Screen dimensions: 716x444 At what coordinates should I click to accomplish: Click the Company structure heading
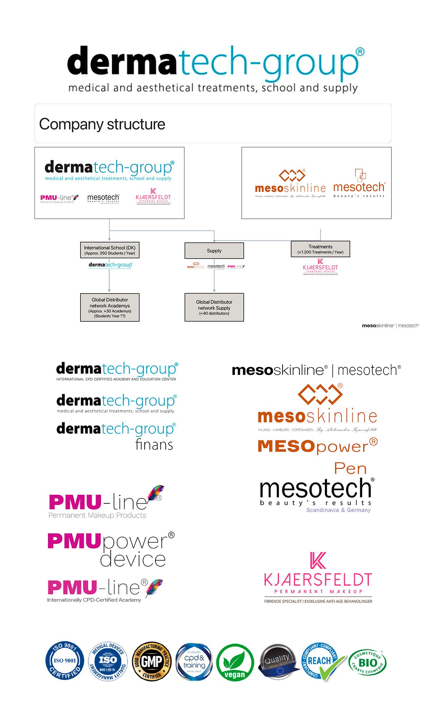click(102, 124)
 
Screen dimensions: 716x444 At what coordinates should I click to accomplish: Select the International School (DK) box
click(110, 250)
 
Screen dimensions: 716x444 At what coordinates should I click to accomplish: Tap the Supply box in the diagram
click(214, 251)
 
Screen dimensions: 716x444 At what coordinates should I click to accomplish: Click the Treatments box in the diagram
click(320, 249)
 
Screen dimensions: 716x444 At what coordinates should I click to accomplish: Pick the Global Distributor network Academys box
click(110, 308)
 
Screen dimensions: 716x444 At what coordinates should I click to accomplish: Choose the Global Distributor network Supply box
click(214, 308)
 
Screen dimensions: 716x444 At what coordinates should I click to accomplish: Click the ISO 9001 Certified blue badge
click(65, 661)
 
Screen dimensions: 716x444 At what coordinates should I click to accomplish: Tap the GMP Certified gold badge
click(152, 661)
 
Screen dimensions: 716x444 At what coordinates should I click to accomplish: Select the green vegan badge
click(235, 663)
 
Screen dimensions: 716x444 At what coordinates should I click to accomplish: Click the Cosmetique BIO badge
click(367, 662)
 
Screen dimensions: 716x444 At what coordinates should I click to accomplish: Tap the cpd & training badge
click(194, 662)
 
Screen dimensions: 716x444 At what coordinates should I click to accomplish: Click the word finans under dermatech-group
click(154, 445)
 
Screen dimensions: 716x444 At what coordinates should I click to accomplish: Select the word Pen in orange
click(350, 469)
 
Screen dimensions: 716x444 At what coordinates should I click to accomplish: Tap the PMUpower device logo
click(111, 550)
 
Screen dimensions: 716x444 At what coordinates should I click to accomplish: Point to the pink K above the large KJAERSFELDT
click(318, 561)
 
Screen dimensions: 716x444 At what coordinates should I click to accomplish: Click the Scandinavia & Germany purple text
click(338, 510)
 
